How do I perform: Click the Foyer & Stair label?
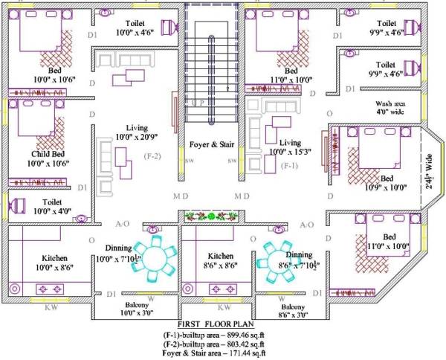210,145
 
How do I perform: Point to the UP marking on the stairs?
198,103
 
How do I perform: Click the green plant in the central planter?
211,216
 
